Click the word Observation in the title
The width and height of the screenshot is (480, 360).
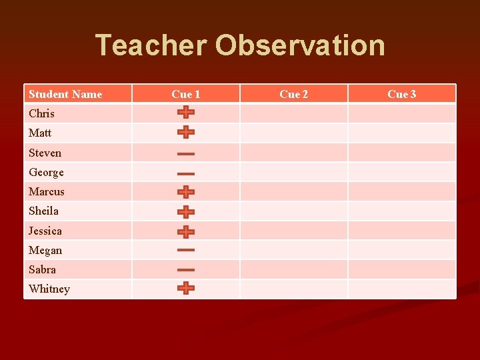[x=300, y=45]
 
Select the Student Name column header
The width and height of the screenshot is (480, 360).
[x=65, y=94]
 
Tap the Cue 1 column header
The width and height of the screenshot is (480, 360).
[x=185, y=94]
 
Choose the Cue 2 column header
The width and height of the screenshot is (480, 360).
[x=293, y=94]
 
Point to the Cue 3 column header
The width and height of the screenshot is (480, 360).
[x=401, y=94]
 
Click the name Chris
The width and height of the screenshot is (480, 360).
[x=41, y=113]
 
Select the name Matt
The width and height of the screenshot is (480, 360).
[x=40, y=133]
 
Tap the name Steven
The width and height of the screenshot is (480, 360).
[x=45, y=153]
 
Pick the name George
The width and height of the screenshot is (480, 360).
[x=46, y=172]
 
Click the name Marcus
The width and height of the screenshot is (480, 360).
[x=47, y=191]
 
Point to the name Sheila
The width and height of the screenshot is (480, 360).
[x=43, y=211]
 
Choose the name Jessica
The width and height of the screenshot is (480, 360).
[x=45, y=231]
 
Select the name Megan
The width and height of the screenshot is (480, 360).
[x=45, y=250]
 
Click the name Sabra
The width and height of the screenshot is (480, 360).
[x=42, y=269]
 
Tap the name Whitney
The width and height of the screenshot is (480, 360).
[x=49, y=289]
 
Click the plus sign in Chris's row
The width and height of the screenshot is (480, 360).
[x=186, y=112]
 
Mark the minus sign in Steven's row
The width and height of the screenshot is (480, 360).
[x=186, y=154]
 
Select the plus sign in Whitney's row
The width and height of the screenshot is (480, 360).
[x=186, y=288]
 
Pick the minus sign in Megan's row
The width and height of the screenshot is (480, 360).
[x=186, y=251]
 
